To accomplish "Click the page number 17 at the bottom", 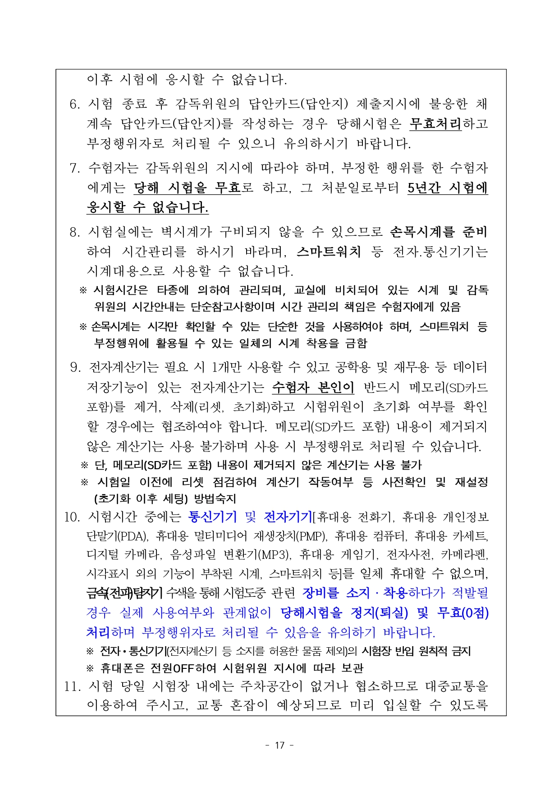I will (279, 745).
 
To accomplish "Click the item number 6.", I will (75, 104).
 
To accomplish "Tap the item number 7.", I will (75, 168).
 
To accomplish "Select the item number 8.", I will (75, 232).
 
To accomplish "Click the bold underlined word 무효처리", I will (435, 123).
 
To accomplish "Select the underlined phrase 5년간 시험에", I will (447, 187).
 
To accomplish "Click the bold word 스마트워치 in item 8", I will (329, 251).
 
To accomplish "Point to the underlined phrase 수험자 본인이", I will (313, 387).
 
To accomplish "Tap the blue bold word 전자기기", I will (288, 517).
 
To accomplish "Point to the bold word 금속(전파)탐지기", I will (124, 593).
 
